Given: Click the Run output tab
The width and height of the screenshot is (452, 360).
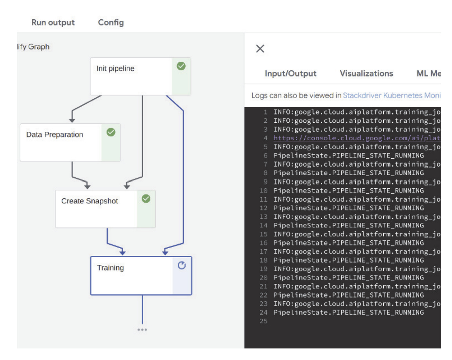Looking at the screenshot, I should click(53, 22).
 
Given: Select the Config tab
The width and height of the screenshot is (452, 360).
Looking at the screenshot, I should click(111, 22).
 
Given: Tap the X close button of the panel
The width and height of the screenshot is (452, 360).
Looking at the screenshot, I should click(260, 49).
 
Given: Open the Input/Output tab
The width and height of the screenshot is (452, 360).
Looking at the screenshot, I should click(290, 73).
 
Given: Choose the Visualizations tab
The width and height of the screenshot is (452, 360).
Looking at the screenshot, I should click(366, 73).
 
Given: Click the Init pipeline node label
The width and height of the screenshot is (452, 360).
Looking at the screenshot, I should click(115, 68).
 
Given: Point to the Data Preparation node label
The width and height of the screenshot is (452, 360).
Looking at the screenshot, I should click(55, 134).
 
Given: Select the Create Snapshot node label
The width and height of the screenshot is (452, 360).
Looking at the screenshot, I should click(89, 201).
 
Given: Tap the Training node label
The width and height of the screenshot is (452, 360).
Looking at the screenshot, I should click(110, 268).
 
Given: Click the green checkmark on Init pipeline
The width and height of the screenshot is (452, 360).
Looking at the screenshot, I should click(181, 66).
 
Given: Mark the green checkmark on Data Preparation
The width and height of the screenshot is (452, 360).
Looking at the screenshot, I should click(111, 132).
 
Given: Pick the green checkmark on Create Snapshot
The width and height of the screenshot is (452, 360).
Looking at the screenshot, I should click(146, 199).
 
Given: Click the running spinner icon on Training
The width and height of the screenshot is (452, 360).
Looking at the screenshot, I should click(181, 265).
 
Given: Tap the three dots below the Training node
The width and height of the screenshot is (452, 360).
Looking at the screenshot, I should click(142, 330).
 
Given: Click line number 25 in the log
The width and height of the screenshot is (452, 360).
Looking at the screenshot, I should click(264, 321).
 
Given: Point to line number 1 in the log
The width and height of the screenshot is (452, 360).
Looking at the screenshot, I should click(265, 112).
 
